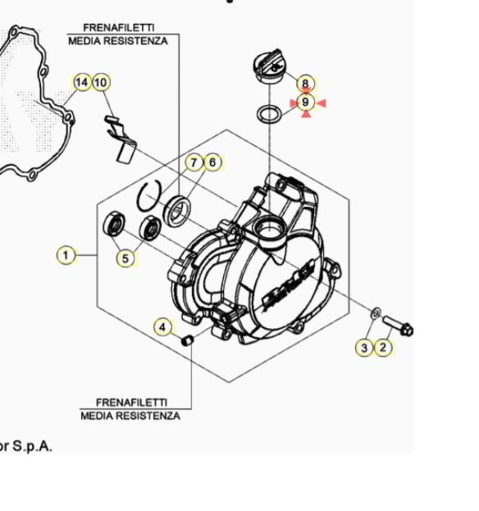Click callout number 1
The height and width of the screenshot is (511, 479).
[x=66, y=255]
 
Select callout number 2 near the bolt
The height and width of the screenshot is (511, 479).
[x=383, y=348]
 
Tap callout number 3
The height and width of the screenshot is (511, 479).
[x=365, y=348]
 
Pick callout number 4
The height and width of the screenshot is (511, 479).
[x=163, y=327]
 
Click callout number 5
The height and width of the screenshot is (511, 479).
[x=125, y=258]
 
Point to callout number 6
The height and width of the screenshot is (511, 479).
[x=212, y=162]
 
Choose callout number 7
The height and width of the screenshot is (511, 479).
[x=194, y=162]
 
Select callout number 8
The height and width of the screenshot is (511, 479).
[x=305, y=84]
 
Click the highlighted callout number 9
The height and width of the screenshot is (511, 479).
[x=305, y=103]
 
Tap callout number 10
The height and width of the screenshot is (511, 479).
[x=100, y=83]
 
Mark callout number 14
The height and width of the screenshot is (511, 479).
[x=81, y=83]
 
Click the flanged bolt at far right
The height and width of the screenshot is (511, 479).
[x=398, y=327]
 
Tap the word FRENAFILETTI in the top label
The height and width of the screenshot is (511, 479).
[x=117, y=28]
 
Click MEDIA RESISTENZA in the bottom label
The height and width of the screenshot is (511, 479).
[x=130, y=416]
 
